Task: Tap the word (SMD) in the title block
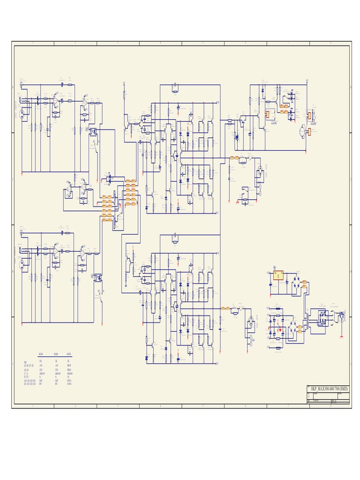[344, 389]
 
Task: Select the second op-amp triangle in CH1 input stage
[84, 100]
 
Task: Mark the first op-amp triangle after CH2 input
[56, 251]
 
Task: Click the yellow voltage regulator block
[278, 275]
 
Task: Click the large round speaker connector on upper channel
[258, 172]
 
